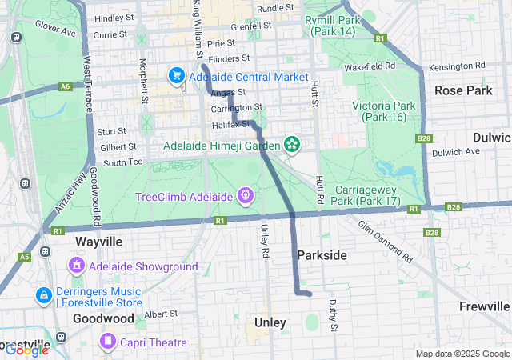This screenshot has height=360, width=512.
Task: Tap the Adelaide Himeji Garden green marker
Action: [292, 145]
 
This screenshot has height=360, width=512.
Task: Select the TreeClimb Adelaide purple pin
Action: [246, 194]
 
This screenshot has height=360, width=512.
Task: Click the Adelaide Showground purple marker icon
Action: [77, 265]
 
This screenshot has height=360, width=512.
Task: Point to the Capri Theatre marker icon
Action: [107, 342]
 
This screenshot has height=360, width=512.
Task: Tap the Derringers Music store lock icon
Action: [42, 295]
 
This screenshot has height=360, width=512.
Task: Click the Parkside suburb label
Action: [322, 254]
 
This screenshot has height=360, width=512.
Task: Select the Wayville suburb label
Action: [98, 241]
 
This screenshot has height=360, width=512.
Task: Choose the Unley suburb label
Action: [270, 322]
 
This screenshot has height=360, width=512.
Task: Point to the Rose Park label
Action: [463, 90]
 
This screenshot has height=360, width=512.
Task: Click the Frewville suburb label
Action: [485, 306]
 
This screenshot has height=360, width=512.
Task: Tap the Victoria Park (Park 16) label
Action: [384, 111]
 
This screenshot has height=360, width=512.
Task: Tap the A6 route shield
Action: [65, 86]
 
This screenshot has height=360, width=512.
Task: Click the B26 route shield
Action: [454, 207]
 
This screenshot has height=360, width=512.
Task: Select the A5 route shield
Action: [25, 257]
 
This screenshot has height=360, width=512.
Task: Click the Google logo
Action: [26, 349]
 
